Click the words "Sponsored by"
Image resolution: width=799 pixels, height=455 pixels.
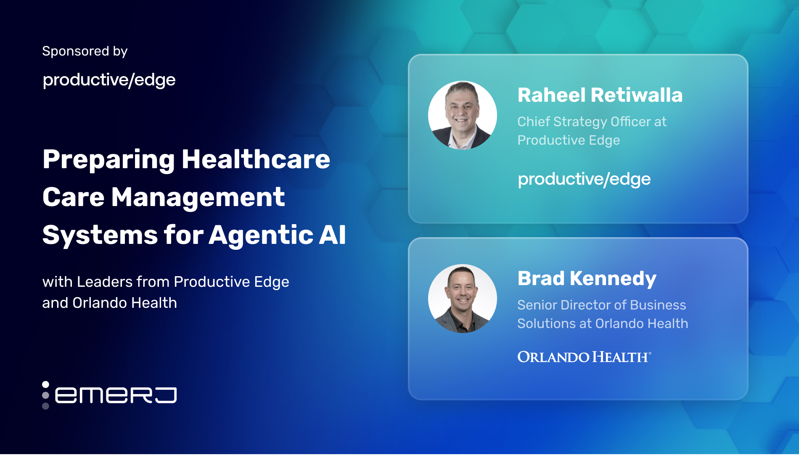coord(85,51)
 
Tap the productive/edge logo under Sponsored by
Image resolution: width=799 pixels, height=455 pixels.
coord(109,80)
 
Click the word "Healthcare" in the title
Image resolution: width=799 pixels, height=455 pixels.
coord(256,160)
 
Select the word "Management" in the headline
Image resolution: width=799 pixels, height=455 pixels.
coord(198,198)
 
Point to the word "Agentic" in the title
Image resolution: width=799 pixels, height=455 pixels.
coord(261,235)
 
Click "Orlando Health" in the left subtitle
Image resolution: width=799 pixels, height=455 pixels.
coord(124,303)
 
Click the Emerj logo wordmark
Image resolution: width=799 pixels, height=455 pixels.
coord(116,395)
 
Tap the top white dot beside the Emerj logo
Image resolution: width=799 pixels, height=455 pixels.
coord(45,384)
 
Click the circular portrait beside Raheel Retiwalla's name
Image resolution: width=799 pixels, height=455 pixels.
coord(463,115)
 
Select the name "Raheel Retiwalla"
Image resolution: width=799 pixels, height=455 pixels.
coord(600,95)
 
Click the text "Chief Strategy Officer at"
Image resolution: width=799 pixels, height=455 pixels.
coord(592,122)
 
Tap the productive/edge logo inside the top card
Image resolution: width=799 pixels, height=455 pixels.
coord(584,179)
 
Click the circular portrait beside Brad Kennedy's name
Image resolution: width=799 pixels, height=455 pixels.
coord(463,299)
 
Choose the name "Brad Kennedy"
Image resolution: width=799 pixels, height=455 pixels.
coord(587,279)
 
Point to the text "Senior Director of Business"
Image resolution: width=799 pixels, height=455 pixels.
coord(602,305)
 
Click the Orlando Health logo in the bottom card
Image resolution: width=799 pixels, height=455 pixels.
coord(585,357)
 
